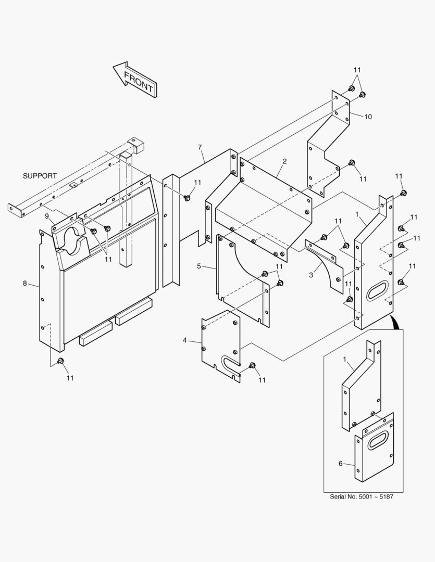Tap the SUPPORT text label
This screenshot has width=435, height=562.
coord(40,176)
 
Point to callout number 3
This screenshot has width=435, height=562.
coord(311,275)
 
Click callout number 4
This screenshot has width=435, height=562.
coord(184,340)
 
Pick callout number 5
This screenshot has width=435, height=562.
coord(199,266)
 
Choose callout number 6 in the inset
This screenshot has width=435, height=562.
coord(341,463)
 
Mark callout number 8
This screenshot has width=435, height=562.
coord(24,283)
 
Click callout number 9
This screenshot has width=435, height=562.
coord(46,215)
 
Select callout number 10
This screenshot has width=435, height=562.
coord(368,117)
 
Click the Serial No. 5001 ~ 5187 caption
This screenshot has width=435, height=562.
coord(361,496)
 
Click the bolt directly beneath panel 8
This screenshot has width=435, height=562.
coord(60,361)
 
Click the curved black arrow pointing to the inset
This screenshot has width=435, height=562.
coord(397,323)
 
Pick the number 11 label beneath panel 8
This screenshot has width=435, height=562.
coord(70,378)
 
